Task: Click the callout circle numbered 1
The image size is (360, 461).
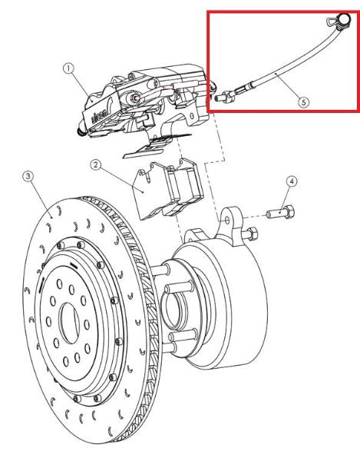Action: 69,68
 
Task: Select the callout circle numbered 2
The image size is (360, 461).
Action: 95,164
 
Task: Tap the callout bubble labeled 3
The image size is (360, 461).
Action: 28,177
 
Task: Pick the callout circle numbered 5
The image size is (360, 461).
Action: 304,100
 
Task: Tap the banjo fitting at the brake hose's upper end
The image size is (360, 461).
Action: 335,24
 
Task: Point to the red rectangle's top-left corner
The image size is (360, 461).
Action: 209,12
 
